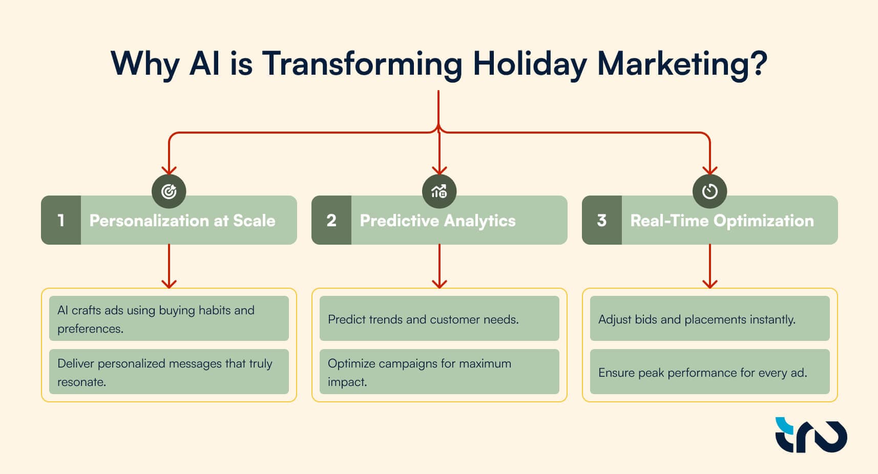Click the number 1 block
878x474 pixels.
pyautogui.click(x=61, y=220)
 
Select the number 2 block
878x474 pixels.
pyautogui.click(x=331, y=220)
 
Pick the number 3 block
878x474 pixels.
pyautogui.click(x=602, y=220)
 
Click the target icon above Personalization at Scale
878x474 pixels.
pyautogui.click(x=169, y=191)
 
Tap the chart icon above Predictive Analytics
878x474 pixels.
pyautogui.click(x=440, y=191)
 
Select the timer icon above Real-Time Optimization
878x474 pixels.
pyautogui.click(x=710, y=191)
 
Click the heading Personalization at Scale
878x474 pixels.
pyautogui.click(x=182, y=221)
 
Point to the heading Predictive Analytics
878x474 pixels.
pyautogui.click(x=438, y=221)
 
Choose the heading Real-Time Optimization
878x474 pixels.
pyautogui.click(x=722, y=221)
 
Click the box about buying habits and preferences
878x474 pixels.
pyautogui.click(x=169, y=318)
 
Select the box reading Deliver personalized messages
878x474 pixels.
pyautogui.click(x=169, y=372)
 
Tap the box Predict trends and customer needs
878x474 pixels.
pyautogui.click(x=440, y=318)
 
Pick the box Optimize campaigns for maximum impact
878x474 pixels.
pyautogui.click(x=440, y=372)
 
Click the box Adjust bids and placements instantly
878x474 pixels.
pyautogui.click(x=710, y=318)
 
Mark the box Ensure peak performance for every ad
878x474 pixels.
pyautogui.click(x=710, y=372)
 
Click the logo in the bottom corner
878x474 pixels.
pyautogui.click(x=811, y=435)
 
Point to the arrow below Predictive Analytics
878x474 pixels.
pyautogui.click(x=440, y=266)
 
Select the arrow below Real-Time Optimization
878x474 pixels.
pyautogui.click(x=710, y=266)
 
